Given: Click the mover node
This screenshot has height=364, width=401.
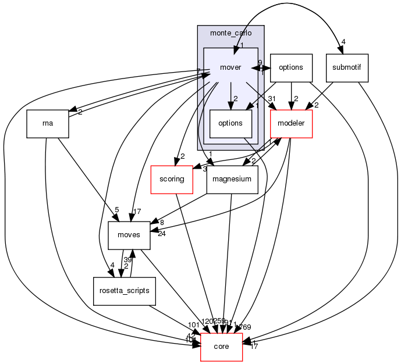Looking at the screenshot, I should coord(230,67).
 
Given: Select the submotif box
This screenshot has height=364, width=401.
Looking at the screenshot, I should coord(347,67).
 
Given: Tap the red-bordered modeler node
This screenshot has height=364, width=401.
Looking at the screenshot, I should coord(292,124).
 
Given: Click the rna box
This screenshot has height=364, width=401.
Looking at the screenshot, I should coord(48,124).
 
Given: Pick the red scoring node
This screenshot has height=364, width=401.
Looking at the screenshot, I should coord(172,179).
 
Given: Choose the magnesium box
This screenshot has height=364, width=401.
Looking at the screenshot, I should coord(232,179).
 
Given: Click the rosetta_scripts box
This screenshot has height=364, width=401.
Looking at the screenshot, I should coord(125,291).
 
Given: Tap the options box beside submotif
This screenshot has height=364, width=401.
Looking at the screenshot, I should coord(291,67).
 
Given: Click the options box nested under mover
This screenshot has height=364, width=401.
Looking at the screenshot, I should coord(230,124).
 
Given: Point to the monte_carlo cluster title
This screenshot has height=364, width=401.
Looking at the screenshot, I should coord(230,34).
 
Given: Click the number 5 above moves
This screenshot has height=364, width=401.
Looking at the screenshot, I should coord(116,209).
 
